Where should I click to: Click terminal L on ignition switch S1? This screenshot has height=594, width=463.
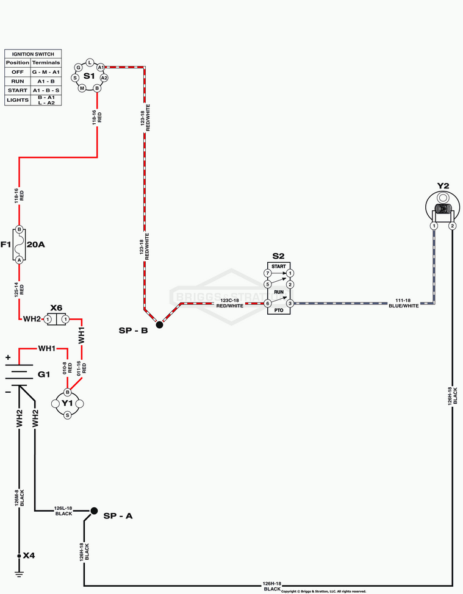(90, 63)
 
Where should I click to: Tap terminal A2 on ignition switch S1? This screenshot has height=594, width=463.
(104, 78)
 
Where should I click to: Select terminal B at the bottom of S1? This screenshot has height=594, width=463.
(96, 88)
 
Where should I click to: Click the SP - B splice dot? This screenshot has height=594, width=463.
(159, 325)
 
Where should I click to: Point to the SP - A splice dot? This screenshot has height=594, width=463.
(94, 511)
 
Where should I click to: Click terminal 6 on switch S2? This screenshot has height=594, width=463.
(267, 303)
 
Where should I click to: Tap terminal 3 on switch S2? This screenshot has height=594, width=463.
(290, 303)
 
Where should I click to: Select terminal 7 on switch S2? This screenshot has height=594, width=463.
(267, 273)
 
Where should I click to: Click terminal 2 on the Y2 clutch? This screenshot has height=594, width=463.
(452, 226)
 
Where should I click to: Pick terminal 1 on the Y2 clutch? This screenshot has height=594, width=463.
(434, 226)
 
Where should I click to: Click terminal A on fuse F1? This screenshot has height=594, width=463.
(20, 260)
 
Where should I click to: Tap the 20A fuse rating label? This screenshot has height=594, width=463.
(37, 245)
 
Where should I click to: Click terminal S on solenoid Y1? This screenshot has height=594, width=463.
(67, 415)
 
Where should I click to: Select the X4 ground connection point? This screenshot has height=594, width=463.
(20, 556)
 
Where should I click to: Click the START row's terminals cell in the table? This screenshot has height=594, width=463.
(46, 90)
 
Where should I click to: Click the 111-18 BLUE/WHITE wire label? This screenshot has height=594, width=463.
(404, 303)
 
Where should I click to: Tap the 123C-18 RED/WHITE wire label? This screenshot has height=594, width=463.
(231, 303)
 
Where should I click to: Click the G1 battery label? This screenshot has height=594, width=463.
(44, 374)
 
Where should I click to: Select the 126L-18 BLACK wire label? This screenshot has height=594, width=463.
(63, 511)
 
